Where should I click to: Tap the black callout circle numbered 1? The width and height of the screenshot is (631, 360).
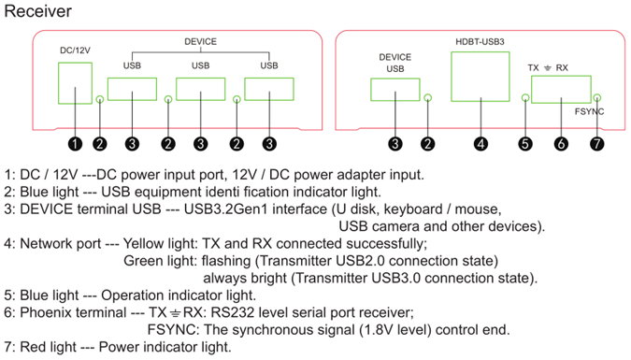pyautogui.click(x=76, y=144)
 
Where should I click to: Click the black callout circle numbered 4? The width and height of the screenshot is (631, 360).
pyautogui.click(x=480, y=144)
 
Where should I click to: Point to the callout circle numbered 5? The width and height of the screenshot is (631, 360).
pyautogui.click(x=525, y=144)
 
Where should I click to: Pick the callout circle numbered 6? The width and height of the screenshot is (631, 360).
pyautogui.click(x=561, y=144)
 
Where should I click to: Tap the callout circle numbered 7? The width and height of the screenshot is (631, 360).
pyautogui.click(x=596, y=144)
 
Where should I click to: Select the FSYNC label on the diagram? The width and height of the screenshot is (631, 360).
pyautogui.click(x=589, y=111)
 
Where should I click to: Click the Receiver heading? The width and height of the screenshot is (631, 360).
pyautogui.click(x=37, y=11)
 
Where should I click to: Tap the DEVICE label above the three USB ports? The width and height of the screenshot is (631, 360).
pyautogui.click(x=200, y=41)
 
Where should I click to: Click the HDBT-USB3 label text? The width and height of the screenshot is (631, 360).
pyautogui.click(x=480, y=41)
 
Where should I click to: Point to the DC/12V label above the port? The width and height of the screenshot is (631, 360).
pyautogui.click(x=75, y=50)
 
